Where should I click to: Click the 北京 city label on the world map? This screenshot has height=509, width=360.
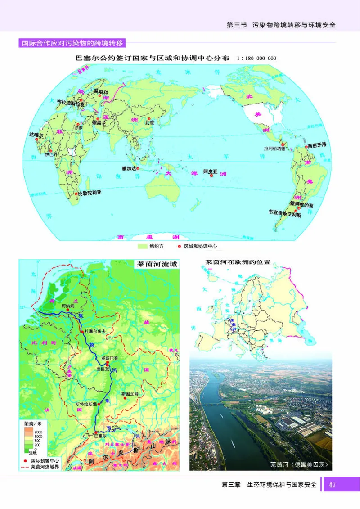coord(149,122)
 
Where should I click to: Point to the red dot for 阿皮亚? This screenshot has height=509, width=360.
coord(212,176)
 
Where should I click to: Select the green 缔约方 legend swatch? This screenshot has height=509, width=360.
coord(143,246)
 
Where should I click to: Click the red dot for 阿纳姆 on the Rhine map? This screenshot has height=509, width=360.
coord(68,310)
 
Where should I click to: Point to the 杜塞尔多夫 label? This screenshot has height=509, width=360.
coord(94,331)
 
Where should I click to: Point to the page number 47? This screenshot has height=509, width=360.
coord(333,485)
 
